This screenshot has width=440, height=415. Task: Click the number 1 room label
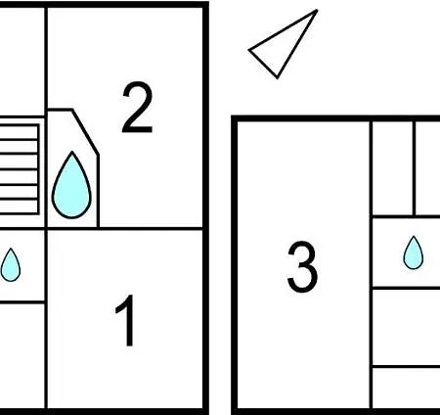[126, 320]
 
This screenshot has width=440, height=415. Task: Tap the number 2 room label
[137, 108]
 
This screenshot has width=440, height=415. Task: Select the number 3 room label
[302, 266]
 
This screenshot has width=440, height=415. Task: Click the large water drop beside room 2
[71, 185]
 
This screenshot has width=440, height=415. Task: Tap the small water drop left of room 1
[11, 265]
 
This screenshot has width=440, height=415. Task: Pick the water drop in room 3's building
[414, 253]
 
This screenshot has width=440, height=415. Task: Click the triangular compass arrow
[284, 44]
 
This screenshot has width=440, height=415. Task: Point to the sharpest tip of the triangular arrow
[317, 11]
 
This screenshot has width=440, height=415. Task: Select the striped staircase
[19, 169]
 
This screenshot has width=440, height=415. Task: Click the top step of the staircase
[19, 132]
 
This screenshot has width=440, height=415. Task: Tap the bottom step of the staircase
[19, 207]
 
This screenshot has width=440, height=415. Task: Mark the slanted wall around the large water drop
[85, 132]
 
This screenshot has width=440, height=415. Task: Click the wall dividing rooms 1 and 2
[125, 229]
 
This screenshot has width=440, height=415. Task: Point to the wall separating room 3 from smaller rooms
[371, 264]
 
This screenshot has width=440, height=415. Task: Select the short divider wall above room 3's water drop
[414, 168]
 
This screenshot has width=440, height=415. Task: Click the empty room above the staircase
[22, 62]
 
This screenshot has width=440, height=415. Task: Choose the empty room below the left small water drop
[22, 356]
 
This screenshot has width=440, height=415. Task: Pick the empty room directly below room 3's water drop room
[407, 327]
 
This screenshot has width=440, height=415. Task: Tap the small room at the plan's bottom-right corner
[407, 389]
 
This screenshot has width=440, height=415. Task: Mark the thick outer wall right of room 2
[205, 207]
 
